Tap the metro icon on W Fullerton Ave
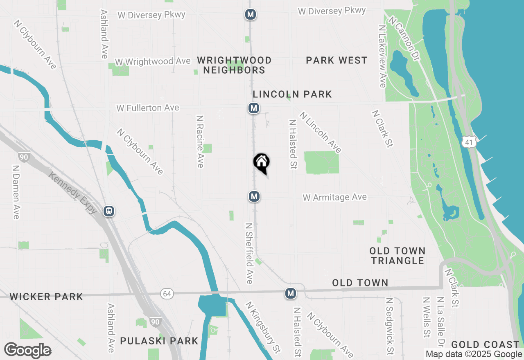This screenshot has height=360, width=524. click(x=254, y=108)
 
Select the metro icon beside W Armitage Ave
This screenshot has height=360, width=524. click(x=254, y=197)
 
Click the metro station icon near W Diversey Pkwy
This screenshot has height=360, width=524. click(x=251, y=15)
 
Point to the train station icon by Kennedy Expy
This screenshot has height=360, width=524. click(x=109, y=211)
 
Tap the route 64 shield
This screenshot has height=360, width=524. click(x=166, y=294)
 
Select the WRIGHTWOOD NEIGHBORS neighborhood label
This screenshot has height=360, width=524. click(x=234, y=65)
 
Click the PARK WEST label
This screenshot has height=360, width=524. click(x=337, y=61)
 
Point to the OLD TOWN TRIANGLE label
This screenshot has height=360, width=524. click(x=397, y=256)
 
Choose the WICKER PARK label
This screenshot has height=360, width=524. click(x=46, y=297)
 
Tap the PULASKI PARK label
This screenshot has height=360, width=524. click(x=159, y=340)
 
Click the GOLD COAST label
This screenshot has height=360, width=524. click(x=485, y=344)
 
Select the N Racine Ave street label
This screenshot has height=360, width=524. click(x=200, y=141)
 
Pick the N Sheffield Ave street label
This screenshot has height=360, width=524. click(x=249, y=253)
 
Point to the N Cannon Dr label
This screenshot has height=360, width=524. click(x=404, y=38)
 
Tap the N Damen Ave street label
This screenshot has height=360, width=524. click(x=16, y=191)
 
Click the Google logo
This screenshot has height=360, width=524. click(x=27, y=350)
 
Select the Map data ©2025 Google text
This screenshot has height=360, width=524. click(x=474, y=354)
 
